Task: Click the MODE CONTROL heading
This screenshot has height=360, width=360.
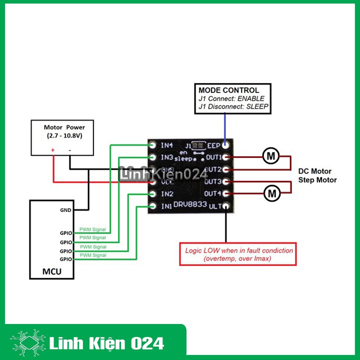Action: [x=229, y=90]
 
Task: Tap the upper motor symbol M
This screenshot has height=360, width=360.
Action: [x=271, y=156]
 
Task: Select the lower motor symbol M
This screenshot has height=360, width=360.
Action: [x=272, y=192]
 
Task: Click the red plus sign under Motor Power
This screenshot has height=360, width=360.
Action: [x=52, y=150]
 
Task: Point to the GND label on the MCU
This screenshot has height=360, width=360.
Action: [x=65, y=210]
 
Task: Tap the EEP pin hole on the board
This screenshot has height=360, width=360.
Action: [x=226, y=145]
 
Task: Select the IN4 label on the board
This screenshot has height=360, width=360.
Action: [x=166, y=145]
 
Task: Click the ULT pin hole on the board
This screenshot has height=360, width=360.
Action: [x=226, y=206]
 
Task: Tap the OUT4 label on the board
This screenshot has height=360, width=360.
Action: [x=213, y=193]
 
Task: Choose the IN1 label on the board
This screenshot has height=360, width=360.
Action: [x=166, y=206]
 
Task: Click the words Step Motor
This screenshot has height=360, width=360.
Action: [x=317, y=180]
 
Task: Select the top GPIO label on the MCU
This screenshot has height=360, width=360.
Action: [x=66, y=233]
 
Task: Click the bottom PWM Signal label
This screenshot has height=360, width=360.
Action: [x=92, y=255]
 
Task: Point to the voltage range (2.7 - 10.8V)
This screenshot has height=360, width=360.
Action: [x=64, y=135]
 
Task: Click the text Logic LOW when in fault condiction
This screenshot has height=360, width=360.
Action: [x=239, y=250]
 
